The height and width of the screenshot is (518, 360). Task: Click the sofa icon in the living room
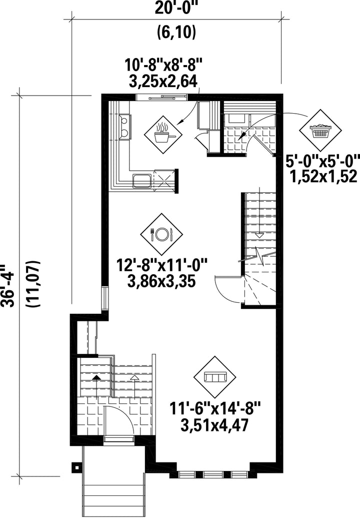click(216, 376)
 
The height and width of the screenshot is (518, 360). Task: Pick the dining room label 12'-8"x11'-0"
click(161, 264)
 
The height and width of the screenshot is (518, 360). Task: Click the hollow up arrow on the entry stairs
click(133, 378)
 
